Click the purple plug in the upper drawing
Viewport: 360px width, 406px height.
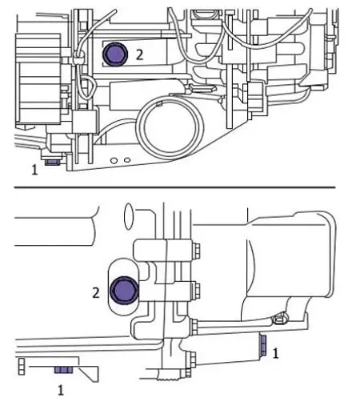pyautogui.click(x=115, y=54)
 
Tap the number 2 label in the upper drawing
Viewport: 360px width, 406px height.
pyautogui.click(x=139, y=55)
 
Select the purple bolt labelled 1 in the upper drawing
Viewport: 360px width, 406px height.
pyautogui.click(x=52, y=162)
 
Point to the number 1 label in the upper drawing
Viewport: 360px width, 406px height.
pyautogui.click(x=34, y=170)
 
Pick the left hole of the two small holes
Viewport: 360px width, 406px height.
pyautogui.click(x=114, y=161)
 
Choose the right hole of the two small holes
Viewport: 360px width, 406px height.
pyautogui.click(x=127, y=160)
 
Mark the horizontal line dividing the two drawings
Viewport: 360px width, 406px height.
pyautogui.click(x=174, y=187)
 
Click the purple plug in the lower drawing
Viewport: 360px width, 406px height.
pyautogui.click(x=124, y=291)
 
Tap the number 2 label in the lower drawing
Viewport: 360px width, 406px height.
pyautogui.click(x=96, y=293)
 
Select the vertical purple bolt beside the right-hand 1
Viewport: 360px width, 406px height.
pyautogui.click(x=262, y=345)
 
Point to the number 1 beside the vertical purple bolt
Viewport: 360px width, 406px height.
pyautogui.click(x=275, y=353)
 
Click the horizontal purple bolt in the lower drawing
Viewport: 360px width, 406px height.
pyautogui.click(x=64, y=370)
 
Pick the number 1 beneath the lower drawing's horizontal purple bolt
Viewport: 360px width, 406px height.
pyautogui.click(x=61, y=391)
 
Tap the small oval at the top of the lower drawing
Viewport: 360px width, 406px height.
pyautogui.click(x=129, y=216)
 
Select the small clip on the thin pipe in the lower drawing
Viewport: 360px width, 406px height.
pyautogui.click(x=279, y=319)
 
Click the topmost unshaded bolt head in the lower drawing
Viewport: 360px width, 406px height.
pyautogui.click(x=196, y=251)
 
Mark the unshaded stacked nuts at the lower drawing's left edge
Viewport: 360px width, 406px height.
pyautogui.click(x=22, y=367)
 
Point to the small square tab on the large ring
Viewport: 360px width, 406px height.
pyautogui.click(x=159, y=103)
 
